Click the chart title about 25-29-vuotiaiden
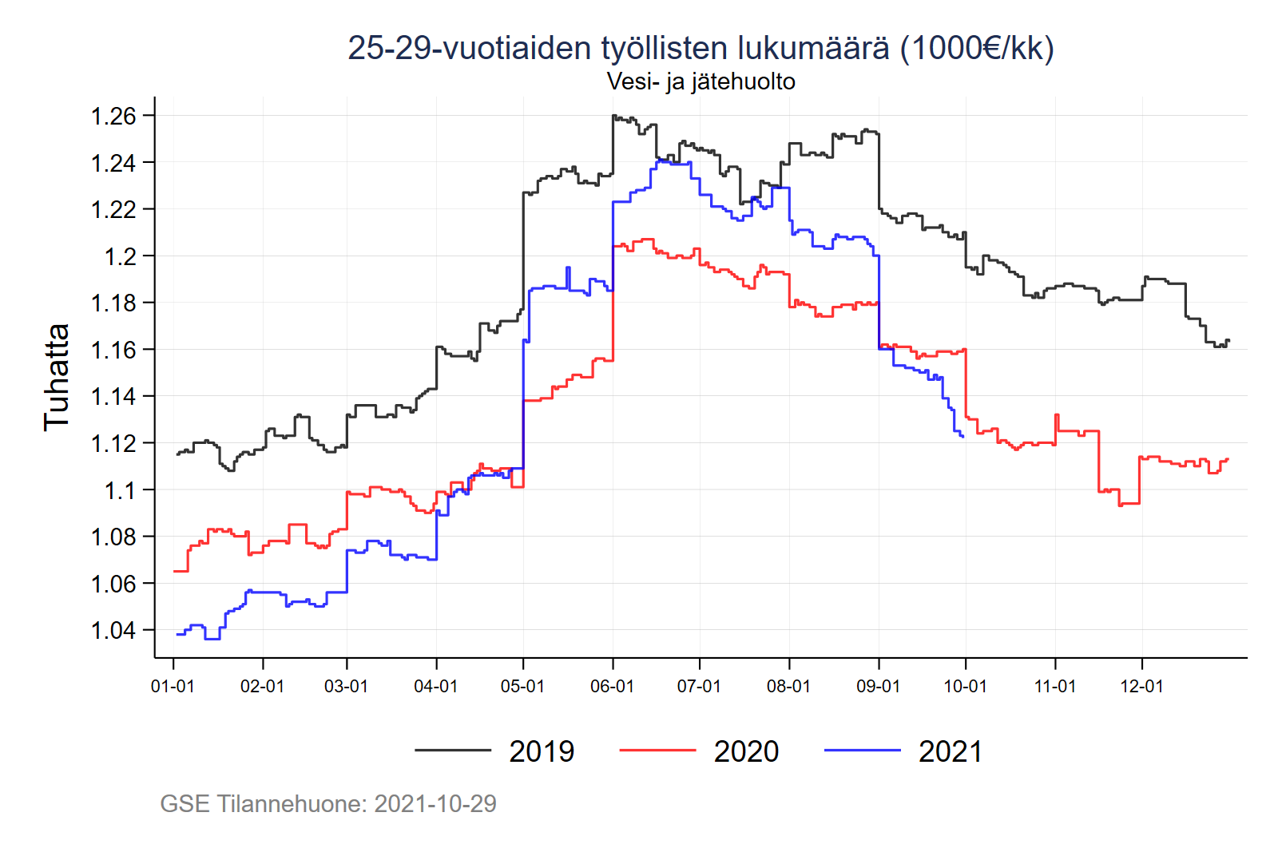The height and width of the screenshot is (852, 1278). [x=701, y=48]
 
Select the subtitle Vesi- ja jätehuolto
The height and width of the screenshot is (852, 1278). [x=701, y=81]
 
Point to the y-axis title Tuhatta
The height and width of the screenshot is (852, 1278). [x=57, y=378]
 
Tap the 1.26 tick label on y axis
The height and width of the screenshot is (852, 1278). [x=113, y=117]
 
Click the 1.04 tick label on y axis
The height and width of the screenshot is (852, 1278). [x=113, y=631]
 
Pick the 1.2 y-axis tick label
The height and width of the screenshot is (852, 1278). [x=121, y=256]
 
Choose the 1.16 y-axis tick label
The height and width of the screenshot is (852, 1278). [x=113, y=350]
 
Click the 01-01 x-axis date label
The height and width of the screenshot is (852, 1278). [x=173, y=687]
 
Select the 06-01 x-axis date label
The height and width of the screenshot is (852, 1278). [x=612, y=687]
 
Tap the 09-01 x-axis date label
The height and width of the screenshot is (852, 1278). [x=878, y=687]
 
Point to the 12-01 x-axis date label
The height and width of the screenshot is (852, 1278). [x=1141, y=687]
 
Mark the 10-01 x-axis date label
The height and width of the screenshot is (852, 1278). [x=965, y=687]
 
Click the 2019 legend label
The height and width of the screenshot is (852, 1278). [x=542, y=751]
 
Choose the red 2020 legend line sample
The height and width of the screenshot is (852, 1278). [x=657, y=750]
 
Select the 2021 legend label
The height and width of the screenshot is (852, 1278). [x=951, y=751]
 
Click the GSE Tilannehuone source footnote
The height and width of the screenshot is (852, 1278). [x=328, y=803]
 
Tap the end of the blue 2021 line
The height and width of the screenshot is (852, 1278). [x=963, y=437]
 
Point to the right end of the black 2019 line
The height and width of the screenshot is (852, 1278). [x=1228, y=341]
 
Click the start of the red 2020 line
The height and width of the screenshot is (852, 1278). [x=175, y=571]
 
